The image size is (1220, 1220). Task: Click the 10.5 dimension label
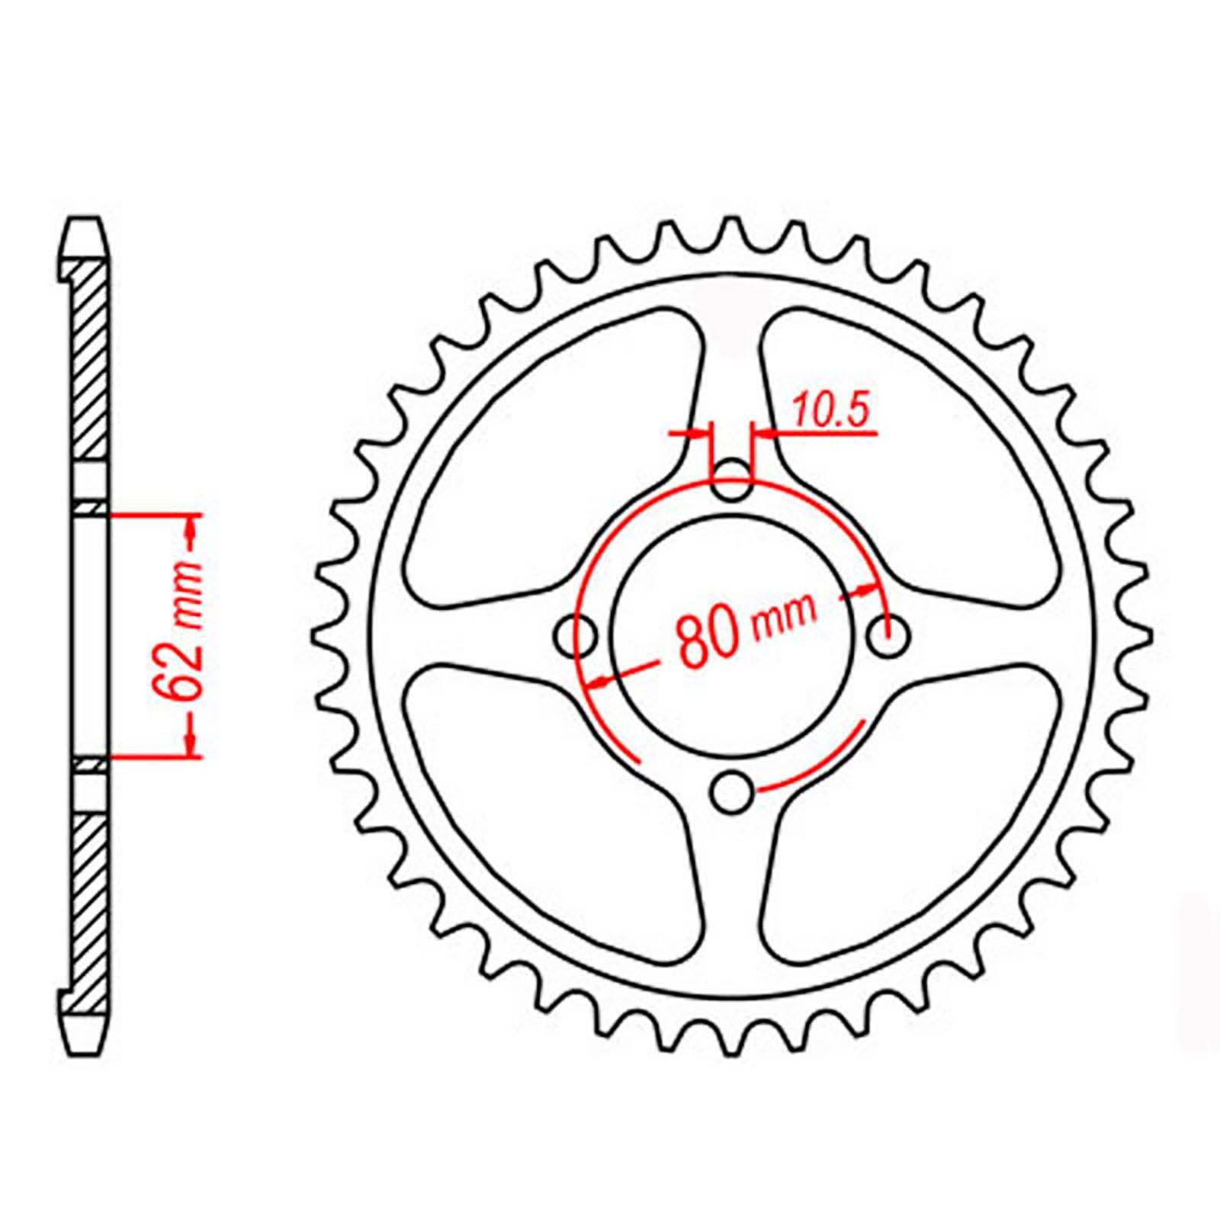coord(830,413)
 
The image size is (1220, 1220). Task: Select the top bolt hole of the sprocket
coord(732,478)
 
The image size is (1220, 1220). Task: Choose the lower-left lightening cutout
coord(549,823)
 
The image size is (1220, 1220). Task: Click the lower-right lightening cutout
coord(915,823)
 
